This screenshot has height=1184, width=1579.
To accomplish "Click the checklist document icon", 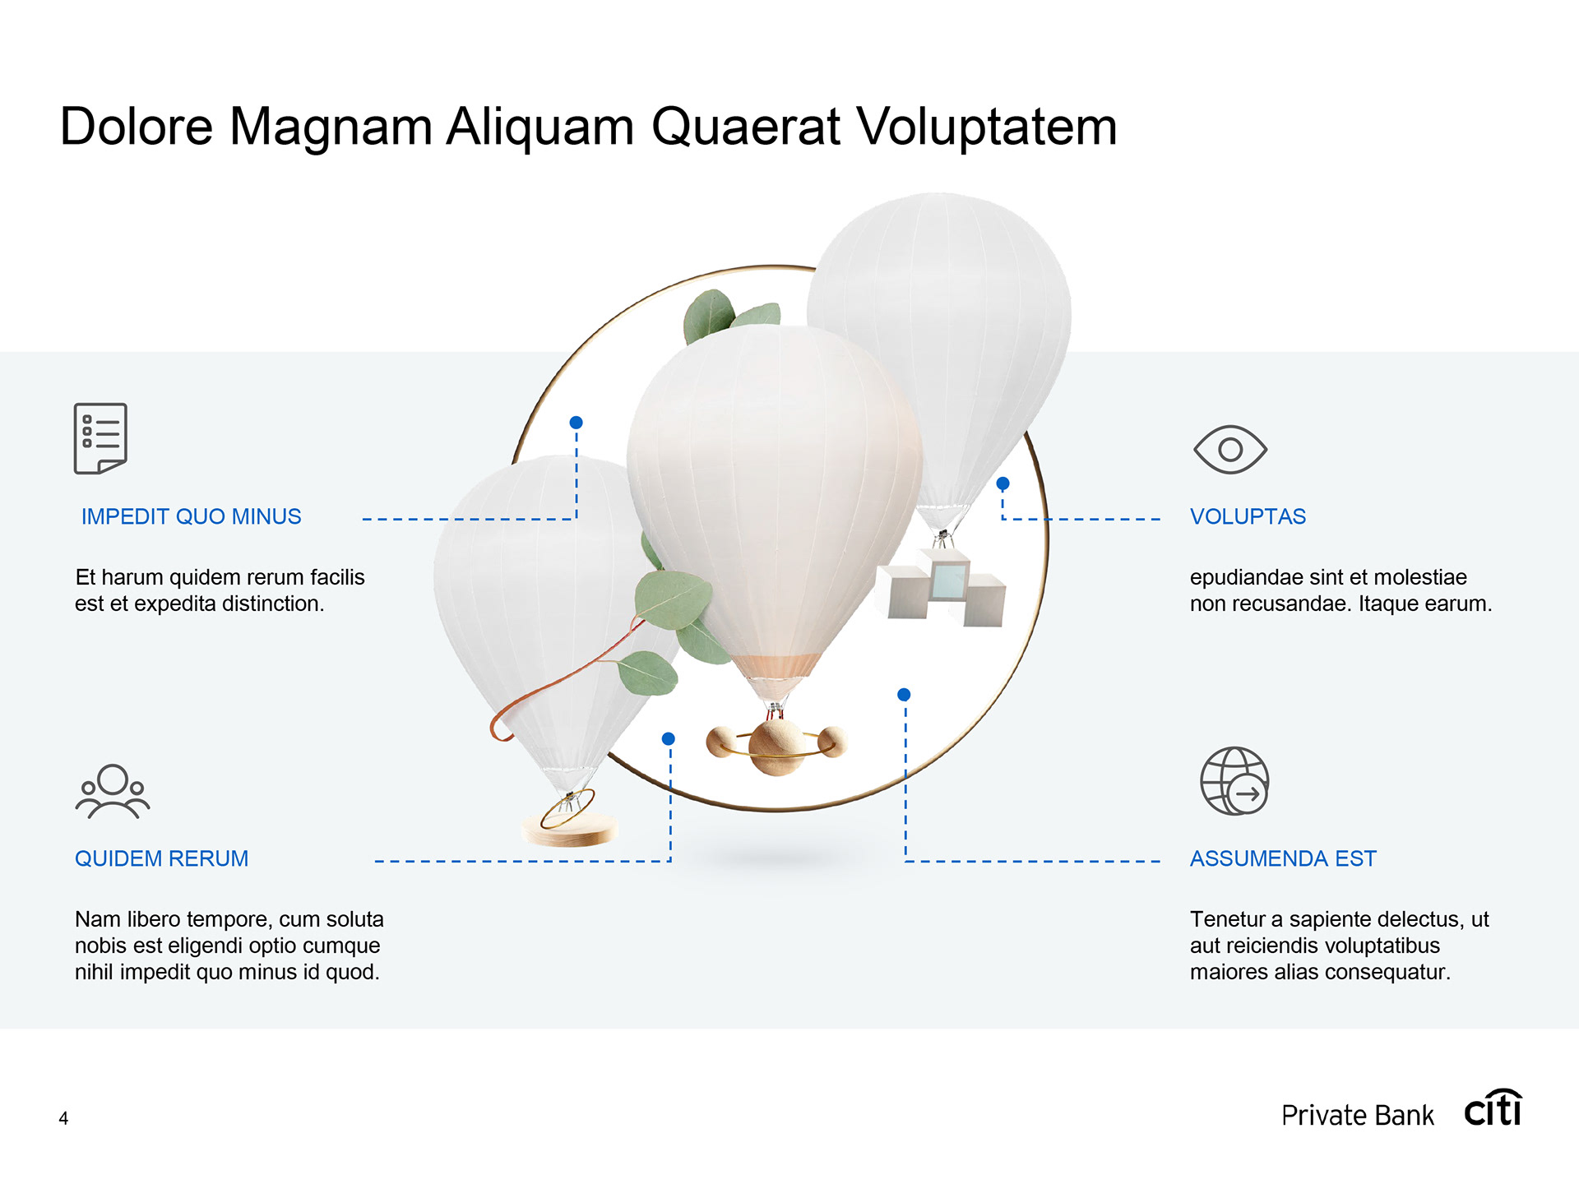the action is (x=100, y=438).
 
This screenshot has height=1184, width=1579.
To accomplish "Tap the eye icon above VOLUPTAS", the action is (x=1229, y=450).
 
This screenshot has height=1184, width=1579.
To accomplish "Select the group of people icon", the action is (x=113, y=791).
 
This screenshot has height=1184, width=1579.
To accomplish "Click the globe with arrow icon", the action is (x=1234, y=781).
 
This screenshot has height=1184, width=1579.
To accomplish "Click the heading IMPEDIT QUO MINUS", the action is (x=191, y=516).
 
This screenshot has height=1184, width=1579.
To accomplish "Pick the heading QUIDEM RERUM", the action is (x=161, y=858).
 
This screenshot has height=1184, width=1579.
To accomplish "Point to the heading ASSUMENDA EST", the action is (x=1282, y=858).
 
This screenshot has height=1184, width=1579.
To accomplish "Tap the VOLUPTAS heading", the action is (x=1247, y=516).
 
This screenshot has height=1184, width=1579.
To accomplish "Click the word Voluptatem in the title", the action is (x=986, y=127).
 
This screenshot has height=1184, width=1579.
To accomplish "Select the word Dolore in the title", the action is (x=137, y=127).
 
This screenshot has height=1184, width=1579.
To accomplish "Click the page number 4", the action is (x=63, y=1118).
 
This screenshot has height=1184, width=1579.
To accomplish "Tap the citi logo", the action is (x=1493, y=1109).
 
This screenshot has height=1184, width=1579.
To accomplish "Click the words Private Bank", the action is (x=1357, y=1116).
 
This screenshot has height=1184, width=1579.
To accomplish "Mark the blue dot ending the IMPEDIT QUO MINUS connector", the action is (x=576, y=423).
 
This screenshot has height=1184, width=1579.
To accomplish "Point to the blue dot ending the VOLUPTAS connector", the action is (x=1003, y=483).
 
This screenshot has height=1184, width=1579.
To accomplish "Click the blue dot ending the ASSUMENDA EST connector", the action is (x=904, y=695).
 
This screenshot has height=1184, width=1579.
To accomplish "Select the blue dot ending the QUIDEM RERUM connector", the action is (x=669, y=739).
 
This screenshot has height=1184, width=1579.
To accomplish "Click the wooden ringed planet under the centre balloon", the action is (x=776, y=745).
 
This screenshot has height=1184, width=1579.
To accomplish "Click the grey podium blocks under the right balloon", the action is (x=946, y=590).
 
